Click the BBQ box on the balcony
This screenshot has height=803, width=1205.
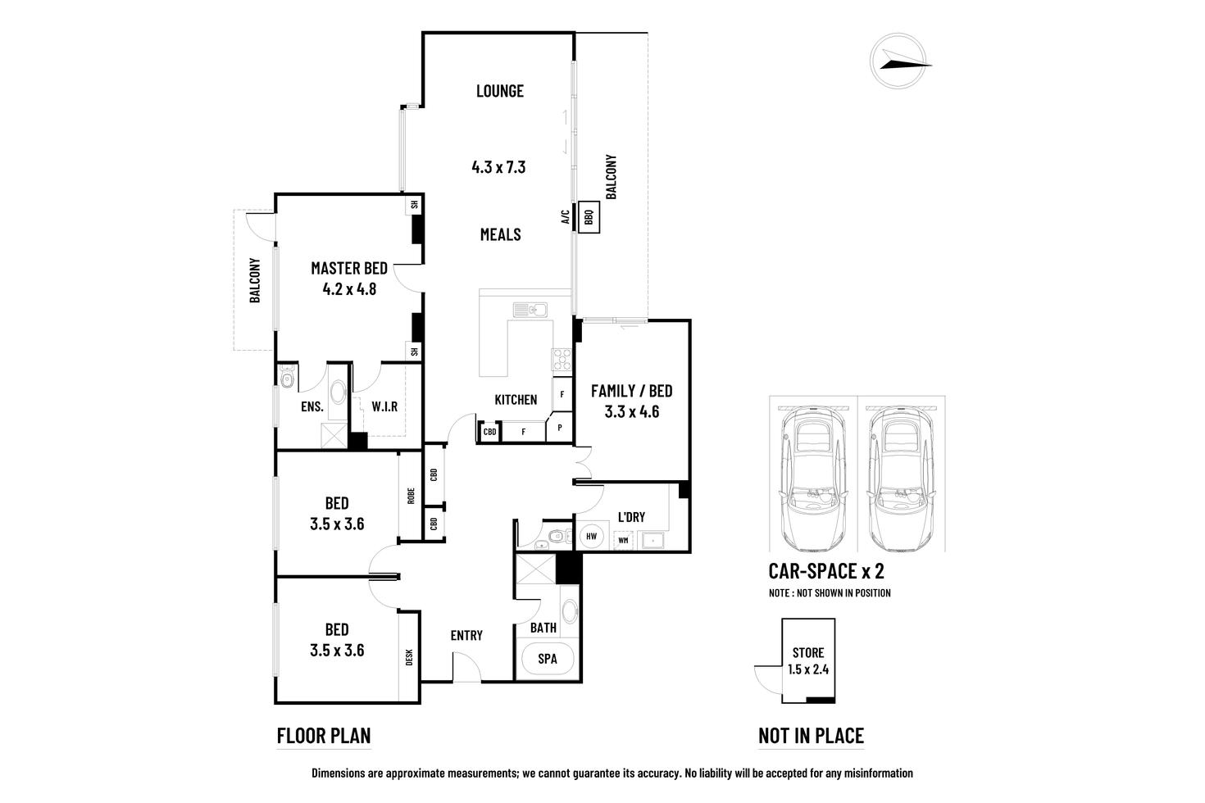(x=589, y=217)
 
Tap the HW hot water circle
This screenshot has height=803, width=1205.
(x=591, y=536)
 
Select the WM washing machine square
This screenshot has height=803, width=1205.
(x=623, y=540)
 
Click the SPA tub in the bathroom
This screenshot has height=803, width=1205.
(x=548, y=659)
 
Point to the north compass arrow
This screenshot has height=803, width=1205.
(x=906, y=61)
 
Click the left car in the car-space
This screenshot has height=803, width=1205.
(x=813, y=479)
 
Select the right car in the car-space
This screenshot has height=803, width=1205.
(x=901, y=479)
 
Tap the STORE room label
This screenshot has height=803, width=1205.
(x=808, y=652)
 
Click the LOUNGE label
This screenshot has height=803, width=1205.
(x=500, y=91)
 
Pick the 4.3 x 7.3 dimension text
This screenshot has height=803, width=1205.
(x=498, y=167)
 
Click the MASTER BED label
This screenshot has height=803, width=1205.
(x=349, y=268)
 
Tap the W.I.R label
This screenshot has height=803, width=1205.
(x=384, y=406)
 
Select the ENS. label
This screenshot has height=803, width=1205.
(x=312, y=406)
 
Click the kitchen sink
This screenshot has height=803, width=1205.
(x=530, y=311)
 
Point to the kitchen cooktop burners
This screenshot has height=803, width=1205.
(x=562, y=359)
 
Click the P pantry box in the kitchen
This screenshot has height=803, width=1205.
(x=559, y=428)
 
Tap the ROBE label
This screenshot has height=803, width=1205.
(x=411, y=496)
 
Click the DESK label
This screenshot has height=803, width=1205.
(x=409, y=657)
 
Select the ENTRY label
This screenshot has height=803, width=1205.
(x=466, y=636)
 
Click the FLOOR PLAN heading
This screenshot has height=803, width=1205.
(x=324, y=735)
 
